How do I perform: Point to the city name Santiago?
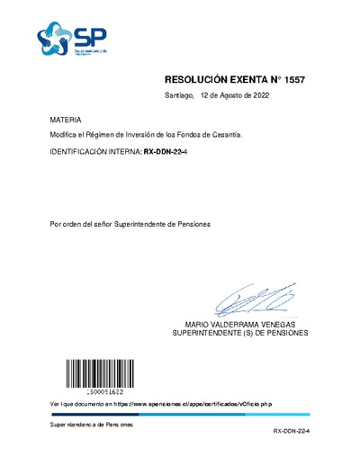(179, 94)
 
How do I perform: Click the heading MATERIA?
(66, 119)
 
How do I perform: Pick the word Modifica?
(65, 134)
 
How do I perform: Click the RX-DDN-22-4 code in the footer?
(292, 433)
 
